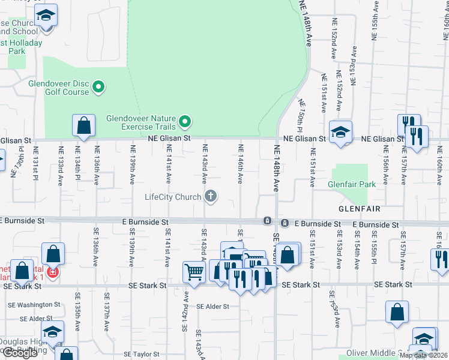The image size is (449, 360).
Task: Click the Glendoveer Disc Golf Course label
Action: click(x=58, y=88)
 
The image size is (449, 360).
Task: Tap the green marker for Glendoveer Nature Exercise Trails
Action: click(x=185, y=122)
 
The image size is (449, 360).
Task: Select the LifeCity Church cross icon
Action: click(x=211, y=196)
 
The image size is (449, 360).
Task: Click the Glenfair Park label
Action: click(x=351, y=184)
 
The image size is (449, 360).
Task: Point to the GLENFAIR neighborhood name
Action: click(x=360, y=209)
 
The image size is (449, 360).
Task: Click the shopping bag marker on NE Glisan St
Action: click(x=83, y=126)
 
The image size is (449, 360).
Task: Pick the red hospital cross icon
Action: click(x=53, y=272)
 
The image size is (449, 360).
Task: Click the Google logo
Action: click(x=20, y=353)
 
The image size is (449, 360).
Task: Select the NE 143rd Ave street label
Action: click(x=205, y=163)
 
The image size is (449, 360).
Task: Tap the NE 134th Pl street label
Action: click(x=77, y=163)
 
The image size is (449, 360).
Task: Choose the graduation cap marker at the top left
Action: click(x=45, y=16)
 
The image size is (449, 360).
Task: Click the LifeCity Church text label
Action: click(x=173, y=196)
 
